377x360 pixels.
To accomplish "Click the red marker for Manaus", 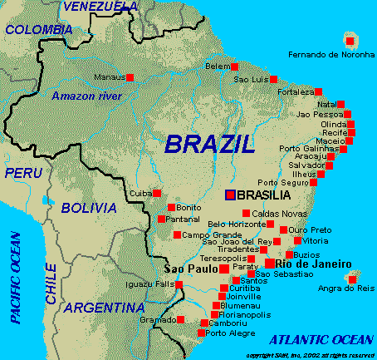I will click(x=130, y=77).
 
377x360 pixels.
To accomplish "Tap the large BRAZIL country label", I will click(x=209, y=144).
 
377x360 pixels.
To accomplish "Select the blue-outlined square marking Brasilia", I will click(x=230, y=195).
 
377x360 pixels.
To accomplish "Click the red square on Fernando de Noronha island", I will click(x=350, y=41).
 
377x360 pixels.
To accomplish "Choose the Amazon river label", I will click(x=86, y=96).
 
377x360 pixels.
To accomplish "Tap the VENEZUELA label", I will click(x=100, y=7).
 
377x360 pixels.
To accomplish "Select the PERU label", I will click(x=23, y=173).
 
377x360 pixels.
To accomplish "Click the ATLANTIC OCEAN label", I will click(x=322, y=339).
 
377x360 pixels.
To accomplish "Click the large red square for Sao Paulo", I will click(x=224, y=269).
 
